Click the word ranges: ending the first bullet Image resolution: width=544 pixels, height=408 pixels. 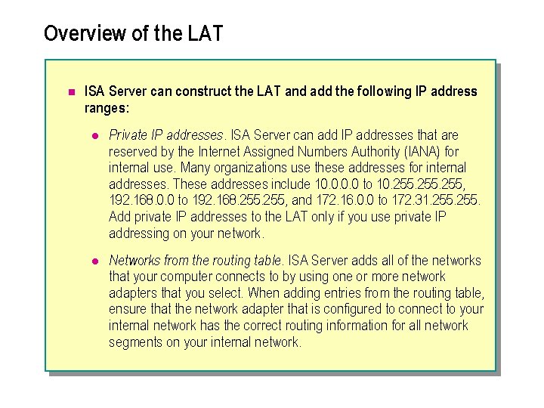click(106, 108)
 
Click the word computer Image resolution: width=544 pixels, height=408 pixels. click(187, 277)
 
